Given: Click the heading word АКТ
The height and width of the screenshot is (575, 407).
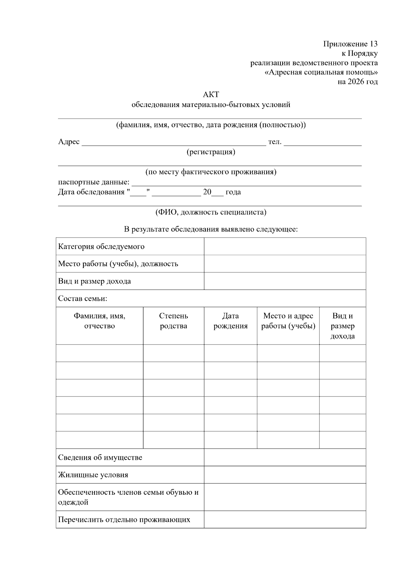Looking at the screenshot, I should (211, 95).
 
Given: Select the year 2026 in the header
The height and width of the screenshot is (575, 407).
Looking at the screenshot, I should (356, 82).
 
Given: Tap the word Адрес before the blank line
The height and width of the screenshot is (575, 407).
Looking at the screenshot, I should (69, 142).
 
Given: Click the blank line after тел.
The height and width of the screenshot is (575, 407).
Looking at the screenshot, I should (323, 143).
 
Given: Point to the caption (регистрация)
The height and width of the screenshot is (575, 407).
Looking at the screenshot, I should (211, 152).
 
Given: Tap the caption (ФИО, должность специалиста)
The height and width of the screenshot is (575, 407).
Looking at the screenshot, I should (211, 212).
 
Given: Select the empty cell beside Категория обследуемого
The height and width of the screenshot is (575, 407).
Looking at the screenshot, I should (285, 246).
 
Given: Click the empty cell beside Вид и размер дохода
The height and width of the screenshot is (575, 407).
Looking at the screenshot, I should (285, 281).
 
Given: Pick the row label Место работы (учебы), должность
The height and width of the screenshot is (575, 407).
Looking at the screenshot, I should (118, 264).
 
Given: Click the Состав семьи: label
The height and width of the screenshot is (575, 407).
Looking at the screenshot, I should (83, 299).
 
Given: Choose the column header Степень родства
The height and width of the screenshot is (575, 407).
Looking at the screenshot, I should (174, 321).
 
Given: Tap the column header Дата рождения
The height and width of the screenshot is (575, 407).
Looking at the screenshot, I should (231, 321).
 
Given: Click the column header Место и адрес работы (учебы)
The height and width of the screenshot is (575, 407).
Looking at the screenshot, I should (288, 321).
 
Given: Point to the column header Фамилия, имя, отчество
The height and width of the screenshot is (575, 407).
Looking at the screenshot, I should (100, 321).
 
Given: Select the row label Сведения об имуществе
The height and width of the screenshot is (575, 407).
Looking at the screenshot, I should (100, 457).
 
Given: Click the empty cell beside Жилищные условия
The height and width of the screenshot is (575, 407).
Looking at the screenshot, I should (285, 475).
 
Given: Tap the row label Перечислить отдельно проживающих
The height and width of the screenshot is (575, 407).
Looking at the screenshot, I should (124, 519).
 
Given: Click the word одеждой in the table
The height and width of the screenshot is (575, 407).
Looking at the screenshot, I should (73, 502).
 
